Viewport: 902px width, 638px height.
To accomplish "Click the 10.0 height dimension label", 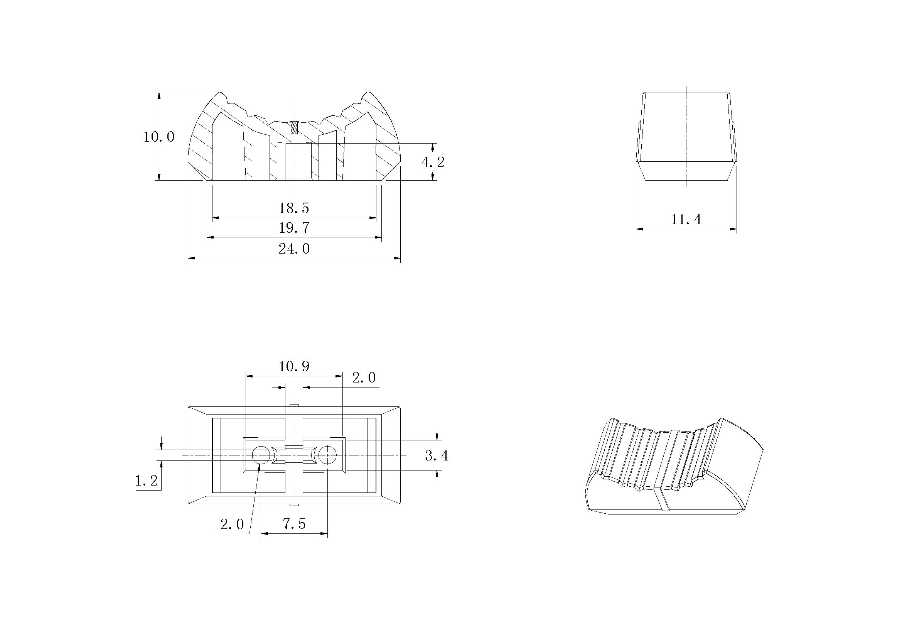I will pyautogui.click(x=159, y=137).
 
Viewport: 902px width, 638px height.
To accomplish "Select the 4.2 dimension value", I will pyautogui.click(x=433, y=162).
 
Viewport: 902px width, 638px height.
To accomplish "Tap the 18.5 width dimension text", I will pyautogui.click(x=294, y=208).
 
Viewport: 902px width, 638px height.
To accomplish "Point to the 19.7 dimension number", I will pyautogui.click(x=294, y=228).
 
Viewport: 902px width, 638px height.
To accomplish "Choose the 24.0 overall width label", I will pyautogui.click(x=294, y=249).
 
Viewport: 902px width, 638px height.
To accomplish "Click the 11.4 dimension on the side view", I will pyautogui.click(x=686, y=219).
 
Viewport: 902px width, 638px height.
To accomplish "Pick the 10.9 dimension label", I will pyautogui.click(x=294, y=367).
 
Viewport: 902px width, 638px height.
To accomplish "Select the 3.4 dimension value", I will pyautogui.click(x=437, y=455).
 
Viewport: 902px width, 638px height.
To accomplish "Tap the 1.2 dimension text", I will pyautogui.click(x=146, y=481).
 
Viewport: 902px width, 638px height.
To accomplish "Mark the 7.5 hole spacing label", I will pyautogui.click(x=294, y=524).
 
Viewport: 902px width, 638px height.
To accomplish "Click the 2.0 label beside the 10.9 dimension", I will pyautogui.click(x=363, y=378).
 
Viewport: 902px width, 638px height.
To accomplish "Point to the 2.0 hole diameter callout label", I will pyautogui.click(x=232, y=524).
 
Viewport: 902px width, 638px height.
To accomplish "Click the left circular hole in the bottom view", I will pyautogui.click(x=261, y=455).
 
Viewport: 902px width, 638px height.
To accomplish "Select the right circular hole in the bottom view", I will pyautogui.click(x=327, y=455).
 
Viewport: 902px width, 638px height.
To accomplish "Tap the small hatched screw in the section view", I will pyautogui.click(x=294, y=127).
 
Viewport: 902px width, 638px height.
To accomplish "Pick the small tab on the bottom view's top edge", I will pyautogui.click(x=294, y=405).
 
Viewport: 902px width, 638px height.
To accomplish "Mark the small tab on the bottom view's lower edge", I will pyautogui.click(x=294, y=505).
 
